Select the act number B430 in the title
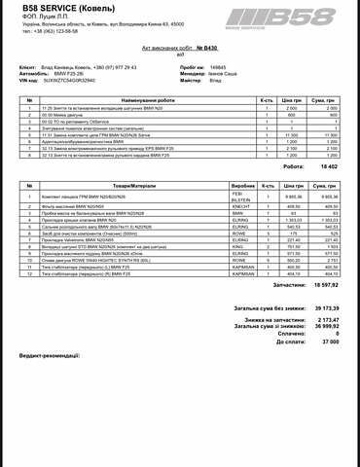point(200,46)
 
